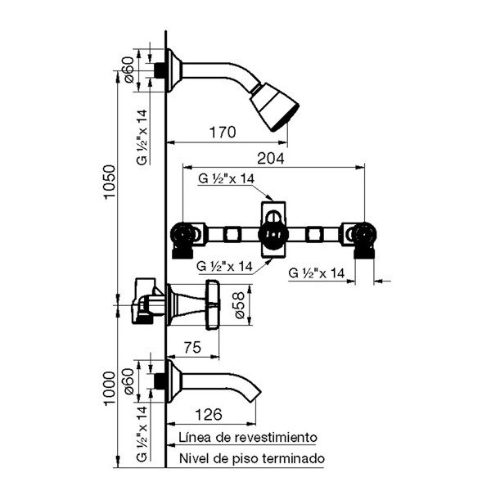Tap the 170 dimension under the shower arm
[223, 132]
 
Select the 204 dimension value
[271, 160]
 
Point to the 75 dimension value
[191, 347]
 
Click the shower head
[275, 107]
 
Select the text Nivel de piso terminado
[250, 458]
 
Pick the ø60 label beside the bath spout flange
[128, 380]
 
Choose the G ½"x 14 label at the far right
[318, 274]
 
